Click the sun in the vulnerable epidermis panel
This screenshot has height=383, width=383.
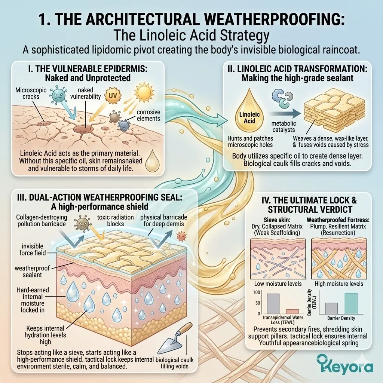[144, 92]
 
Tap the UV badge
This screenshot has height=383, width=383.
[112, 95]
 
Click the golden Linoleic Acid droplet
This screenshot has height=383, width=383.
[249, 110]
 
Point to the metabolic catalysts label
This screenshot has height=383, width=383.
[284, 126]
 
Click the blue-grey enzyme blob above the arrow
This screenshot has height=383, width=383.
[282, 98]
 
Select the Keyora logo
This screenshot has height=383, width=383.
[345, 366]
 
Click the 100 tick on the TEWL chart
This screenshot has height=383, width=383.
[257, 292]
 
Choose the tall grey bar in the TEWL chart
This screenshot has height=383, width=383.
[273, 304]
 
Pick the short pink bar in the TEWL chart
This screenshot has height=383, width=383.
[292, 312]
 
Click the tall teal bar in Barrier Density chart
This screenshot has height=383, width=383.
[351, 303]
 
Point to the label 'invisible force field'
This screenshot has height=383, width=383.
[33, 249]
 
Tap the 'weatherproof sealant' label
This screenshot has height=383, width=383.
[32, 272]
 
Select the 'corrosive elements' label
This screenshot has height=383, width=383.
[148, 115]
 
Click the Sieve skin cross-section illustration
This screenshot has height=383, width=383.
[278, 259]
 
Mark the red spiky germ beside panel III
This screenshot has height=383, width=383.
[181, 236]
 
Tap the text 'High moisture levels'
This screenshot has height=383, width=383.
[339, 284]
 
